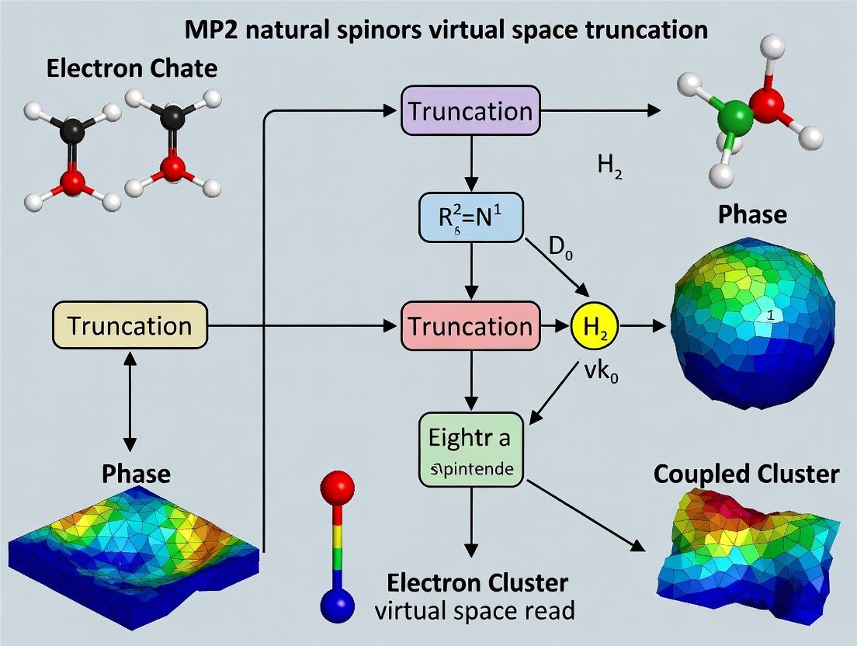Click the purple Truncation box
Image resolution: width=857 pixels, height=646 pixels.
pyautogui.click(x=470, y=111)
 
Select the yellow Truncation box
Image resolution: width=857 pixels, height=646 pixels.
pyautogui.click(x=130, y=325)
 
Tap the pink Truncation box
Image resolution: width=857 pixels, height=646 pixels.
pyautogui.click(x=470, y=325)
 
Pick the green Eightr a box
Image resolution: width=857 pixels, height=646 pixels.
pyautogui.click(x=470, y=449)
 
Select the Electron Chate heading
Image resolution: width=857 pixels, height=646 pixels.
pyautogui.click(x=132, y=68)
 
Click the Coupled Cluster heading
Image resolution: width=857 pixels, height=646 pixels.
pyautogui.click(x=746, y=474)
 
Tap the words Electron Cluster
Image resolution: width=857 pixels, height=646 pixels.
pyautogui.click(x=478, y=582)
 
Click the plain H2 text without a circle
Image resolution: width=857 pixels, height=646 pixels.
pyautogui.click(x=609, y=166)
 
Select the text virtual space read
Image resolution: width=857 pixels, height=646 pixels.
pyautogui.click(x=475, y=610)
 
